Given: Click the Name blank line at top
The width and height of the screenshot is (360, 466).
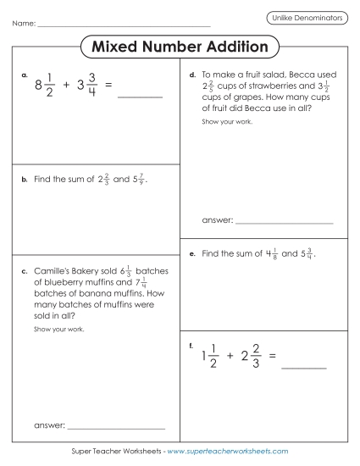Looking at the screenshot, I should pos(123,25).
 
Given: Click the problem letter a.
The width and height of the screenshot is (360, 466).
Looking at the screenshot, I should pos(25,76).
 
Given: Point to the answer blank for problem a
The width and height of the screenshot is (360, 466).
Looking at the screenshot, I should pos(140,97).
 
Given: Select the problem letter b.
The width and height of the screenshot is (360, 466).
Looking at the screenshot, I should pos(25,180).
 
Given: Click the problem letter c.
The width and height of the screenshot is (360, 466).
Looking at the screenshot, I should pos(25,271).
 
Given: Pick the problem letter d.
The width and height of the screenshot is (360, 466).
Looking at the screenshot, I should pos(193,75).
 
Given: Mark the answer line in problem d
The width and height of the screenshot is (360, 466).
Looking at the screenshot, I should pos(284,222).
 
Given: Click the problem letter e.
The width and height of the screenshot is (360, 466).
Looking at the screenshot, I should pos(193,253).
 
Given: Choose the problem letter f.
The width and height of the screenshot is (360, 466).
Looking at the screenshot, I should pos(192,345).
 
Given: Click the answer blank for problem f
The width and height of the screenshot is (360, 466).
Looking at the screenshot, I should pos(303,368).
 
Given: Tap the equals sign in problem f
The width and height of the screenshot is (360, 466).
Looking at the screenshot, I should pos(272,356).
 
